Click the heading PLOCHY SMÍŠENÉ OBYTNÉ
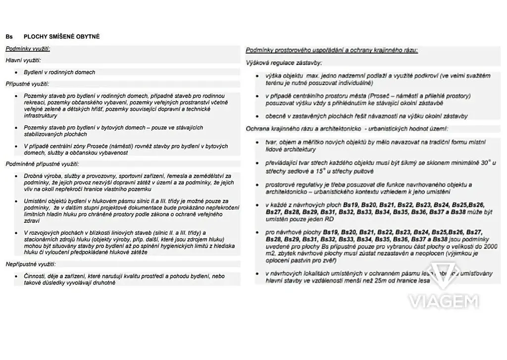coord(61,37)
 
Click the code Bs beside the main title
coord(9,37)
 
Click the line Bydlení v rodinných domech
coord(59,72)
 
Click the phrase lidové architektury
coord(290,150)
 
